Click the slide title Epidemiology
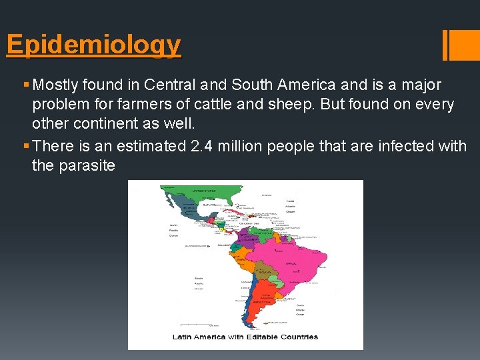click(x=93, y=45)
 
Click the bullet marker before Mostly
click(x=26, y=85)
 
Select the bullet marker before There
click(x=26, y=145)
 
